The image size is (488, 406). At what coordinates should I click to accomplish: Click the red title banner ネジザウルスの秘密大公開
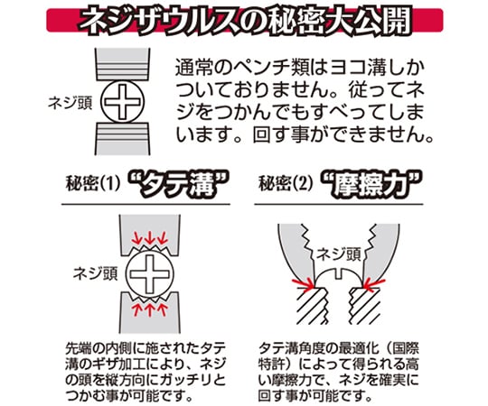click(245, 21)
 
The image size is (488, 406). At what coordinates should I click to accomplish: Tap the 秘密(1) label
click(92, 184)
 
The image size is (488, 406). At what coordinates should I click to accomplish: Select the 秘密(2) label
click(285, 184)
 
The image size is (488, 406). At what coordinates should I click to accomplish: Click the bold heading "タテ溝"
click(178, 185)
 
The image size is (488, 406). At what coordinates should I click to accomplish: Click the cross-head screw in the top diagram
click(124, 102)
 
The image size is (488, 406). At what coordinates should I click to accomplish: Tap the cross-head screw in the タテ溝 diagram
click(150, 274)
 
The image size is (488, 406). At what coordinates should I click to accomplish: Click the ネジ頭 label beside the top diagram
click(70, 103)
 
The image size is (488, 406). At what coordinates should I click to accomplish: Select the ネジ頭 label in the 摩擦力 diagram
click(338, 254)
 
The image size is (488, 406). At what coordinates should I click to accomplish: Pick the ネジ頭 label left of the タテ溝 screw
click(95, 273)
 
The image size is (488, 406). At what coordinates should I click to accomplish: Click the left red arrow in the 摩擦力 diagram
click(304, 282)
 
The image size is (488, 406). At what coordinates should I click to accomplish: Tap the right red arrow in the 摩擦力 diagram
click(374, 284)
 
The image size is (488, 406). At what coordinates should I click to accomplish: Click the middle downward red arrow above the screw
click(150, 238)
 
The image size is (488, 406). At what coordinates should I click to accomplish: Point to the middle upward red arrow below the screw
click(150, 310)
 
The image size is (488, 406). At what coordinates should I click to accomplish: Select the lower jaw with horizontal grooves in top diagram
click(123, 138)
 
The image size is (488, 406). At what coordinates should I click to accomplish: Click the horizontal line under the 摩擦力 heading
click(339, 205)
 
